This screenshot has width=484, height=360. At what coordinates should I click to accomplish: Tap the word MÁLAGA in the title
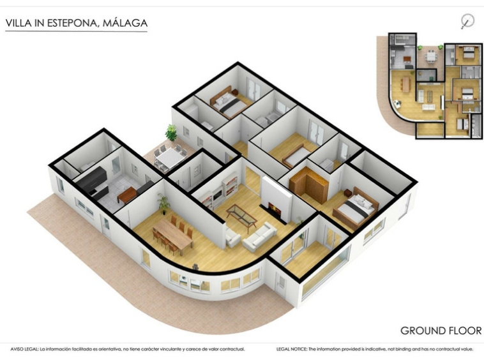125,23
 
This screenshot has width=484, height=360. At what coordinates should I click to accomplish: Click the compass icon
467,21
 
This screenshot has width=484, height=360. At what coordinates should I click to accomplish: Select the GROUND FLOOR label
441,331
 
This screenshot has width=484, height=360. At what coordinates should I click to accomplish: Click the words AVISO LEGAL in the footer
24,349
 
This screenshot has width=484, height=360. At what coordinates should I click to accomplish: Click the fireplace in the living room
275,210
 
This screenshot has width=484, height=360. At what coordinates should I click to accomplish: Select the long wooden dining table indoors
172,234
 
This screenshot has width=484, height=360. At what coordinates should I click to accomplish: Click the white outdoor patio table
169,157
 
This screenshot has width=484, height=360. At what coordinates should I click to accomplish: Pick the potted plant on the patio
171,133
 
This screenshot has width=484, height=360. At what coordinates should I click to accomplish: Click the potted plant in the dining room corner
163,204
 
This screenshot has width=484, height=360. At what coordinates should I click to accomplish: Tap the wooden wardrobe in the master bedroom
308,184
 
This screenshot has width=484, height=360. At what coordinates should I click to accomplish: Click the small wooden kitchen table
126,195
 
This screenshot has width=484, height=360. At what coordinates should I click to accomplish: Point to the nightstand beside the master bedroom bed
348,193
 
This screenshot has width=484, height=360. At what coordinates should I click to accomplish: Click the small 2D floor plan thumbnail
429,86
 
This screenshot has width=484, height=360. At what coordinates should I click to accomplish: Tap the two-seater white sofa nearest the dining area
232,236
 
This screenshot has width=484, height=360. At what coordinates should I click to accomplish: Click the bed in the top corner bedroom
229,102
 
